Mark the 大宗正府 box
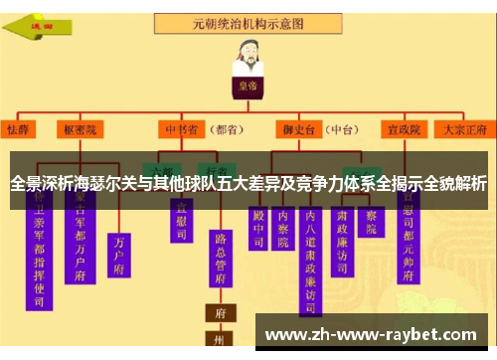462,129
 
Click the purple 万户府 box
121,254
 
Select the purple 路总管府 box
221,264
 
